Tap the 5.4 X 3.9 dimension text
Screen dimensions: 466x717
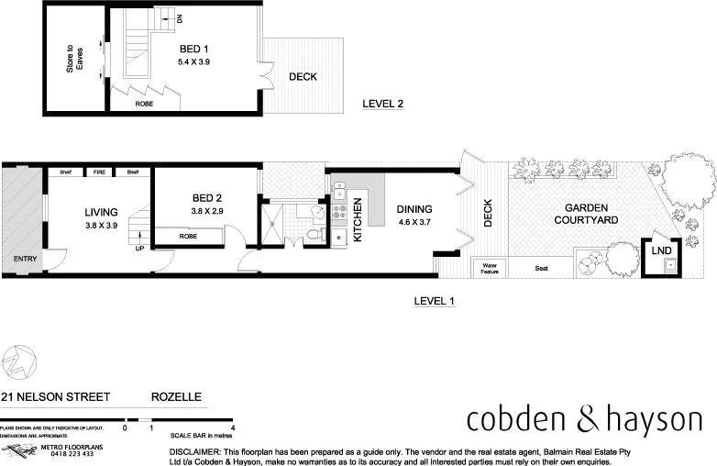click(x=193, y=61)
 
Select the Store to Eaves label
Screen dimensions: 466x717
click(x=74, y=60)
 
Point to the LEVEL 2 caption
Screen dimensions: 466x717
click(x=382, y=104)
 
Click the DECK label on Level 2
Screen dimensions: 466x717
click(x=303, y=77)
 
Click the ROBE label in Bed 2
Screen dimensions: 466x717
click(x=188, y=237)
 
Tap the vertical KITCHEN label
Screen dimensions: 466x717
click(x=358, y=221)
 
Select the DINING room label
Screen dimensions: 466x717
click(x=414, y=208)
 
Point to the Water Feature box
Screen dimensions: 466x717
click(x=483, y=267)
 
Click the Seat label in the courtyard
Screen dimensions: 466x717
click(x=544, y=268)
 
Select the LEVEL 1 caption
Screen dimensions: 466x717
click(x=435, y=301)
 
